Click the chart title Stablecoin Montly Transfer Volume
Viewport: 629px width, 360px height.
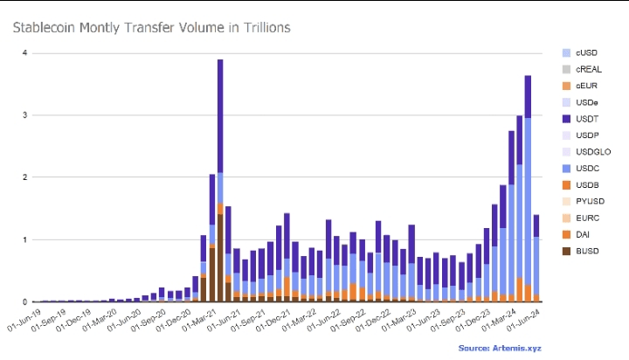[150, 28]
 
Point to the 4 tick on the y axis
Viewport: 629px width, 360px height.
[25, 53]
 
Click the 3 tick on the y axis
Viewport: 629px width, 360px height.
[25, 115]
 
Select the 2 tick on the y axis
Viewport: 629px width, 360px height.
[25, 177]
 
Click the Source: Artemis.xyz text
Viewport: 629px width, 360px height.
[499, 348]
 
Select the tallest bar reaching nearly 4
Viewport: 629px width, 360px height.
[220, 175]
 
